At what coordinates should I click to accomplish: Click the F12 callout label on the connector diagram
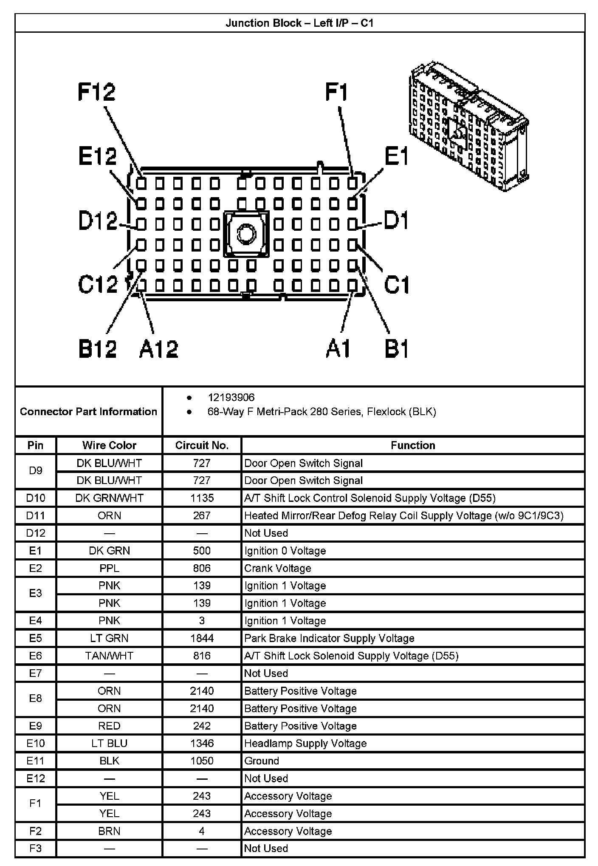(96, 92)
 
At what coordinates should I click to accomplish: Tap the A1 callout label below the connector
(338, 349)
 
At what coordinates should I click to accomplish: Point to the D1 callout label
(396, 221)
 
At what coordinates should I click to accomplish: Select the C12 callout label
(98, 283)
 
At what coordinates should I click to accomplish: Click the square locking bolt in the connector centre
(246, 234)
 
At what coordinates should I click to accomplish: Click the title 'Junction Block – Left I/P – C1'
(299, 23)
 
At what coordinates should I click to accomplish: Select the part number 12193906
(231, 397)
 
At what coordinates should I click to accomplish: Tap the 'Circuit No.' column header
(202, 445)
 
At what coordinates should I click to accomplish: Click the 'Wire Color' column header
(109, 445)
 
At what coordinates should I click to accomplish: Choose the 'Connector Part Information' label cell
(88, 411)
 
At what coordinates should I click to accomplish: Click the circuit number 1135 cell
(202, 498)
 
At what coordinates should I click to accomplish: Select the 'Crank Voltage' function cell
(278, 568)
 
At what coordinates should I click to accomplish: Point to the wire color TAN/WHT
(109, 656)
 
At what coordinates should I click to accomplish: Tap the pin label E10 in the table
(35, 743)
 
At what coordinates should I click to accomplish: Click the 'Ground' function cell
(262, 761)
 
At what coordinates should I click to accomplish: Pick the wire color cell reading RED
(109, 726)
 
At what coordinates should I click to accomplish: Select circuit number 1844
(202, 638)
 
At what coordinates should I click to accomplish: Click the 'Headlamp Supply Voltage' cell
(305, 743)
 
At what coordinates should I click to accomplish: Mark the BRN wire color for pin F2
(109, 831)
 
